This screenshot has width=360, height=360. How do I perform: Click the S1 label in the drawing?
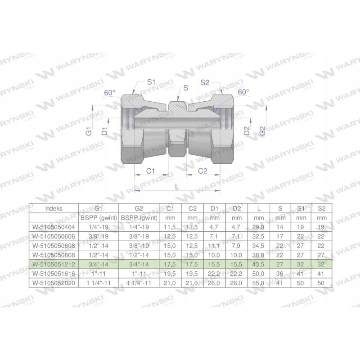[x=151, y=82]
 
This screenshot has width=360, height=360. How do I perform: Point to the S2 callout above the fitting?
[x=205, y=82]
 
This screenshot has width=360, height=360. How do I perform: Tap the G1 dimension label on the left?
[x=89, y=131]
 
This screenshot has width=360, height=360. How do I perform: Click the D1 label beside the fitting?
[x=104, y=131]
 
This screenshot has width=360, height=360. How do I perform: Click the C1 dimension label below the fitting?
[x=151, y=171]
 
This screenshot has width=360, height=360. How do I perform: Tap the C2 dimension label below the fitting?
[x=203, y=171]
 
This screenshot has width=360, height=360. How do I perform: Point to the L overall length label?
[x=177, y=185]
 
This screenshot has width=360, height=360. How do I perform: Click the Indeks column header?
[x=54, y=208]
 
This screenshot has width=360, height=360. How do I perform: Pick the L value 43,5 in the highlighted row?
[x=259, y=264]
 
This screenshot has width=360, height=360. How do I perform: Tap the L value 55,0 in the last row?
[x=259, y=282]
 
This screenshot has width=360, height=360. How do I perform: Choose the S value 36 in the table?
[x=280, y=273]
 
